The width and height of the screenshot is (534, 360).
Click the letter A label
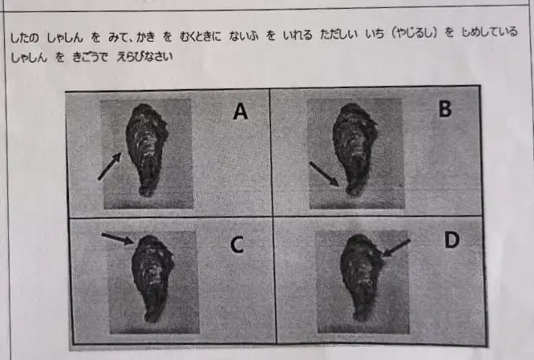[240, 111]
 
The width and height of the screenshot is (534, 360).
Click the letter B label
[445, 109]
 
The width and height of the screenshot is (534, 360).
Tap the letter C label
[237, 245]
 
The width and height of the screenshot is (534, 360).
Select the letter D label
[452, 240]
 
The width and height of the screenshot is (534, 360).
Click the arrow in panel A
[110, 166]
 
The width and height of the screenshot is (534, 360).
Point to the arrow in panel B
[324, 174]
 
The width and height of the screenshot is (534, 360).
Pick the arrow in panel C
[118, 238]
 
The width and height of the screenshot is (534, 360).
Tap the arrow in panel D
[396, 248]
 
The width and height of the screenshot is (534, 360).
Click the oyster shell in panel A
[147, 150]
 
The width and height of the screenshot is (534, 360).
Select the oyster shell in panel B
[355, 149]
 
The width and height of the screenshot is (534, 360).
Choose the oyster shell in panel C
[153, 278]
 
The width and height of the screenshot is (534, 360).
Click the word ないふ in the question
[244, 36]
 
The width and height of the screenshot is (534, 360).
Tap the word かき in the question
[146, 37]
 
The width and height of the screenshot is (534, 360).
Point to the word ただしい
[338, 34]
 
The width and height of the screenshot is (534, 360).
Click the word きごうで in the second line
[90, 57]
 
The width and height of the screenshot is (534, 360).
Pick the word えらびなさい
[144, 57]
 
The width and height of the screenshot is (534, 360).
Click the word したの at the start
[25, 38]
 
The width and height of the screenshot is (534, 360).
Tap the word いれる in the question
[297, 35]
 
